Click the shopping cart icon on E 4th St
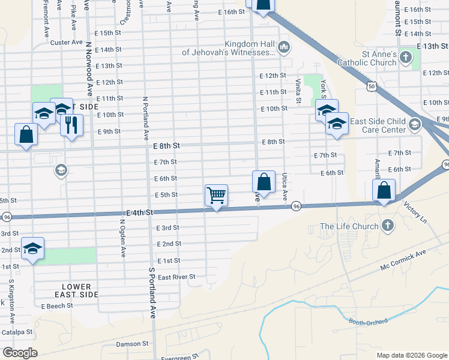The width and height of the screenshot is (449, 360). (x=216, y=195)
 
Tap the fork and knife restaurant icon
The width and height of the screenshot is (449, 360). (x=71, y=125)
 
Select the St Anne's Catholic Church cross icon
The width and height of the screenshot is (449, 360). (x=406, y=58)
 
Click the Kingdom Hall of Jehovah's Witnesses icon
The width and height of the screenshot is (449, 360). (x=283, y=47)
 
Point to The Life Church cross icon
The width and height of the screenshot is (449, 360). (x=388, y=226)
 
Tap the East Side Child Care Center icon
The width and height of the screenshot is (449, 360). (x=414, y=125)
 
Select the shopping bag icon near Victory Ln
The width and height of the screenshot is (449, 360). (x=384, y=190)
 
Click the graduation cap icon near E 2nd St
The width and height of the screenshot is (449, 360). (x=33, y=248)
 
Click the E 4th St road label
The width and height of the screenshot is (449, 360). (x=140, y=212)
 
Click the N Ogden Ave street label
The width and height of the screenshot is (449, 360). (x=122, y=238)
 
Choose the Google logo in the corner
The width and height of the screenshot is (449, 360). (x=20, y=353)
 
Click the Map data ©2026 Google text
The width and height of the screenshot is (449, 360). (x=411, y=355)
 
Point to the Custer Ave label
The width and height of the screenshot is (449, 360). (x=66, y=42)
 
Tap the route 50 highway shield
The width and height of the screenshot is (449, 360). (x=372, y=87)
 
